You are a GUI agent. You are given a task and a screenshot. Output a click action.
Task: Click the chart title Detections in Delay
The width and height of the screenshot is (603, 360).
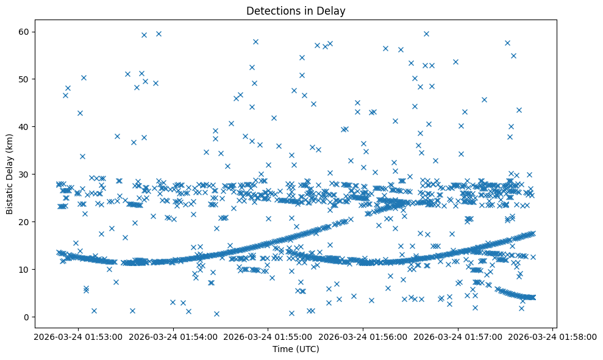point(295,10)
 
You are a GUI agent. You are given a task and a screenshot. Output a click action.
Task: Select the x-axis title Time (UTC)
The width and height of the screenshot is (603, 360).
point(295,350)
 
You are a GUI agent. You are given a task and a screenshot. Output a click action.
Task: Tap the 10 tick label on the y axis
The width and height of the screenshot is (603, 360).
point(25,269)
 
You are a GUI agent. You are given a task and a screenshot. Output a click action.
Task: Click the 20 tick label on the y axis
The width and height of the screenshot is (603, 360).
point(25,221)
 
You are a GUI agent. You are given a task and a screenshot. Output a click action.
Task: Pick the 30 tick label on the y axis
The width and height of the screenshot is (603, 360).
point(25,174)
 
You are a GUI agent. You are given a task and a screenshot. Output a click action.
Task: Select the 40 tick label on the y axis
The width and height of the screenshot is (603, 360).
point(25,126)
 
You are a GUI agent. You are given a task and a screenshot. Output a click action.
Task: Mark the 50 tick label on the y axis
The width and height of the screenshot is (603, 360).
point(25,79)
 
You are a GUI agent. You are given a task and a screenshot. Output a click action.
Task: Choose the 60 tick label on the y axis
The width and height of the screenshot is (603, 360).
point(25,31)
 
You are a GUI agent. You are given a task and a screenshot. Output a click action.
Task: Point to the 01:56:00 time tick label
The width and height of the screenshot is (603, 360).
point(362,336)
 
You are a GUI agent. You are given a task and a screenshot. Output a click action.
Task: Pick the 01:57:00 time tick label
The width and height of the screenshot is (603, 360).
point(457,336)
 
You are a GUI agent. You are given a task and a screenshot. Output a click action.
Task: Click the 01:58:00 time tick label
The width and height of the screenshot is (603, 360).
point(552,336)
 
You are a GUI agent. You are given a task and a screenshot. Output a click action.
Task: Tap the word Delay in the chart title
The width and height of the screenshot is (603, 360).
point(333,10)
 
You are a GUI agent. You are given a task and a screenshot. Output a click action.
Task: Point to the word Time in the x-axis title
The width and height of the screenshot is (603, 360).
point(282,350)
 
